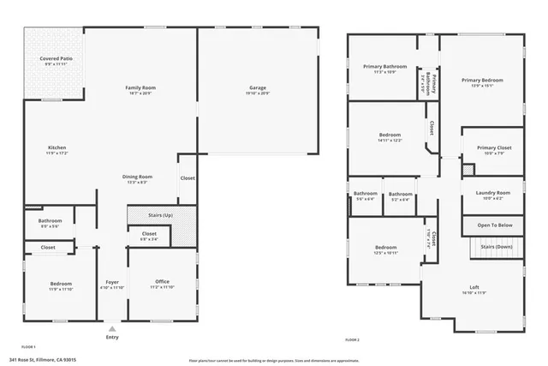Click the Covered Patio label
56,60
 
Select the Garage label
257,87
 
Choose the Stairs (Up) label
161,214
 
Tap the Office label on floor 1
162,282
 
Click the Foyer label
112,282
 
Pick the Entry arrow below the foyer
111,327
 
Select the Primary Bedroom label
482,81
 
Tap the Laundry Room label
492,193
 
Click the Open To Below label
494,225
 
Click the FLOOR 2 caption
352,340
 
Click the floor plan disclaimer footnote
273,360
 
